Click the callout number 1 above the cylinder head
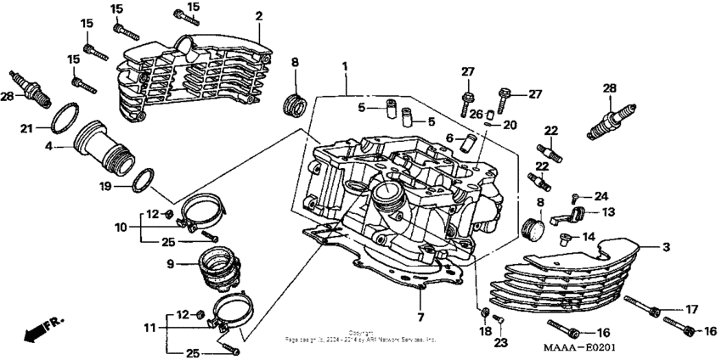click(x=345, y=66)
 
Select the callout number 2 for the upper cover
click(x=259, y=16)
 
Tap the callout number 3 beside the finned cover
click(x=666, y=246)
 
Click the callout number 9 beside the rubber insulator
click(x=170, y=264)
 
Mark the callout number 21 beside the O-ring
click(x=26, y=128)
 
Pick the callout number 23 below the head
click(x=500, y=343)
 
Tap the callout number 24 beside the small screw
click(x=601, y=195)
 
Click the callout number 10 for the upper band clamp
click(x=121, y=228)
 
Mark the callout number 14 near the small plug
click(x=588, y=238)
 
